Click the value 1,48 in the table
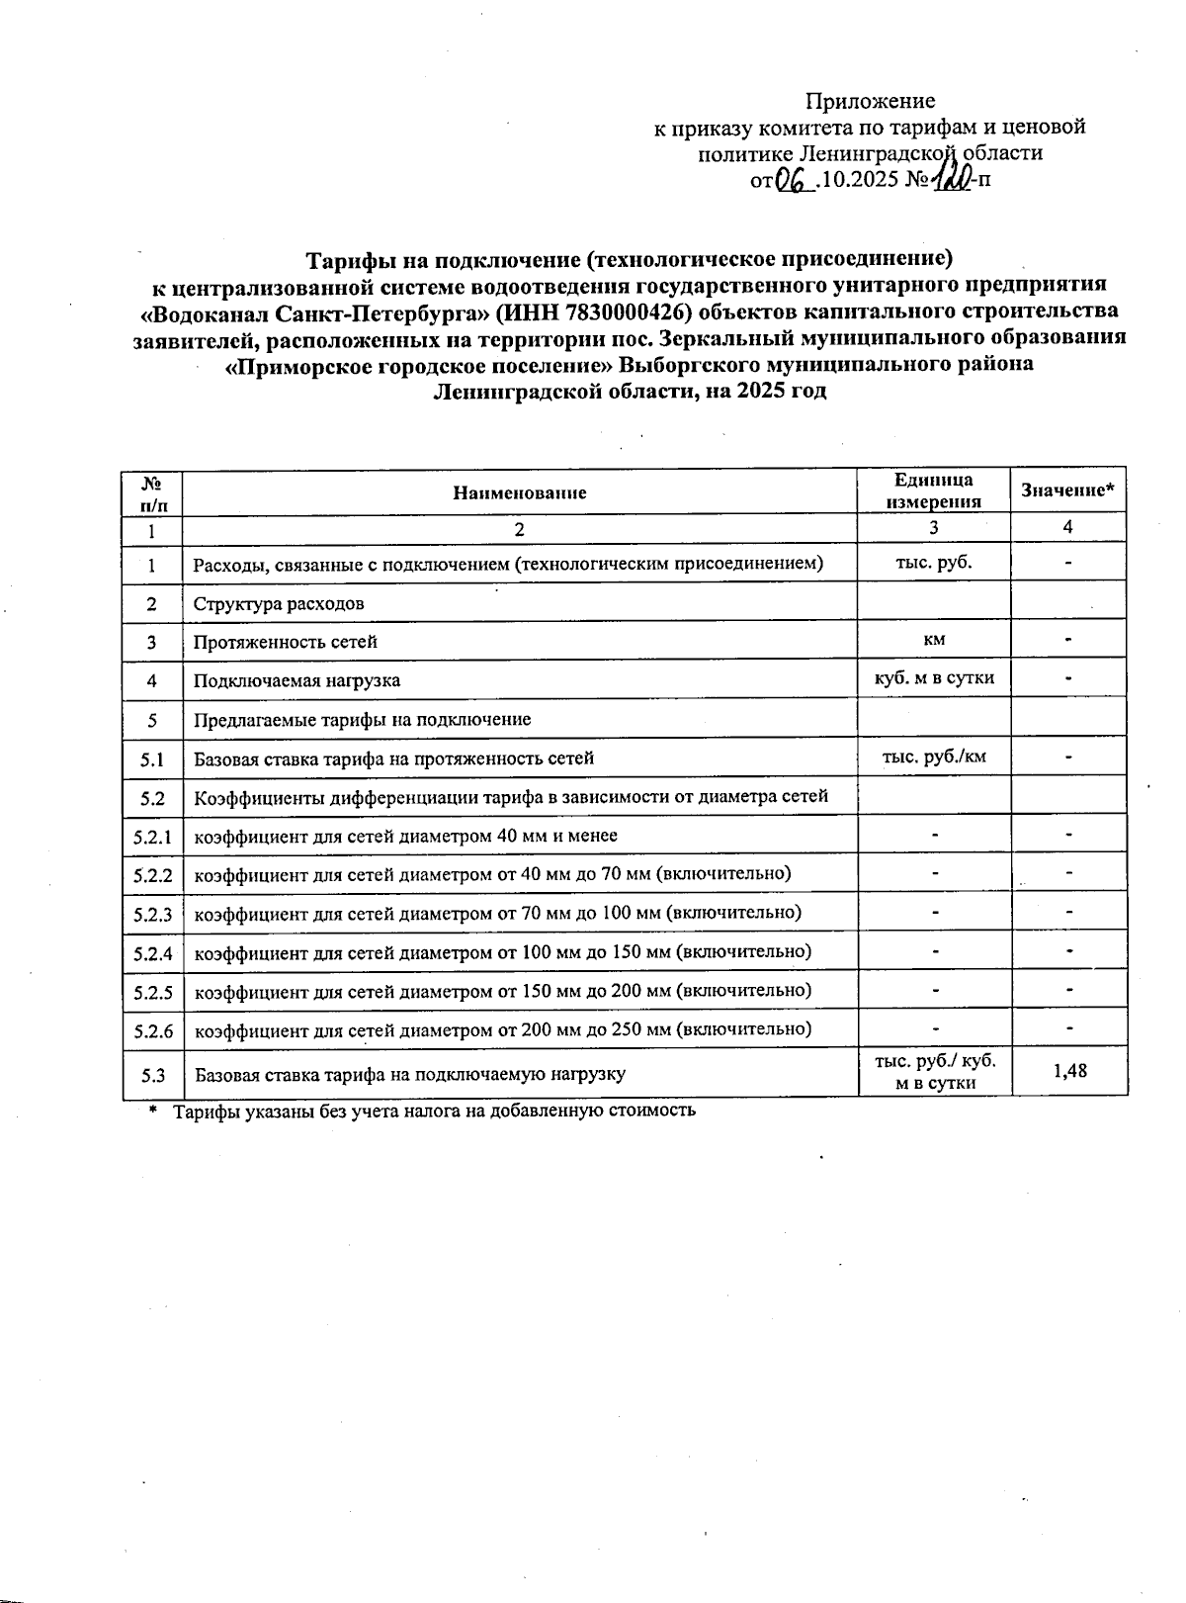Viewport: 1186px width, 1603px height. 1069,1070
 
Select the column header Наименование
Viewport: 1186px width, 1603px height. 519,492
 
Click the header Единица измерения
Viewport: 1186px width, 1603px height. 933,490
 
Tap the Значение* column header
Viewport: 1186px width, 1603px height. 1067,490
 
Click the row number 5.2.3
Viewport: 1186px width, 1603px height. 153,914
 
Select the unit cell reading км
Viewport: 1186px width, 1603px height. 933,640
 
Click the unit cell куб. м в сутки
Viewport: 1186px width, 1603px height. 933,678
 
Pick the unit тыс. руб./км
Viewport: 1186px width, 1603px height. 933,757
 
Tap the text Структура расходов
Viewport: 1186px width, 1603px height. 279,603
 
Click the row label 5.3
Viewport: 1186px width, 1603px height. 153,1073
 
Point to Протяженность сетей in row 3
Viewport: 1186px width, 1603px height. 285,642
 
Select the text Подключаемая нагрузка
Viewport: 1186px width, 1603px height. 296,680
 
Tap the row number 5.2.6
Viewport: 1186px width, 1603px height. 153,1030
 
